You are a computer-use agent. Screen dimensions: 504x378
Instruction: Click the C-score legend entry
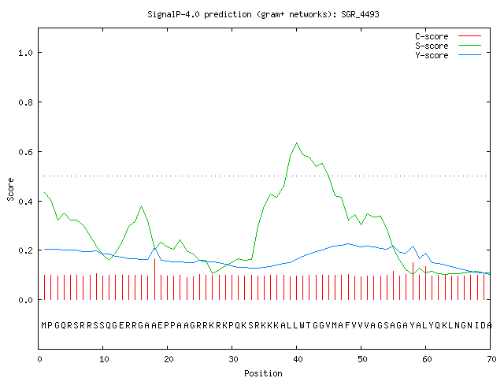click(x=448, y=36)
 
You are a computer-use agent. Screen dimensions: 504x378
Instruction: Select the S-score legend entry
click(x=448, y=46)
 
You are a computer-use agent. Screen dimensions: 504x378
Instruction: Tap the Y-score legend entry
click(x=448, y=55)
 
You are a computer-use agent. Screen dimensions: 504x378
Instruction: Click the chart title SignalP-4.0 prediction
click(x=199, y=14)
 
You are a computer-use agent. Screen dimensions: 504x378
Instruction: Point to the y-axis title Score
click(x=10, y=189)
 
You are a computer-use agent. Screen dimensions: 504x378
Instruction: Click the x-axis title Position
click(x=263, y=373)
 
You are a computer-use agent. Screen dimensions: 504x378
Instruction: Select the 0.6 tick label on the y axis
click(x=25, y=152)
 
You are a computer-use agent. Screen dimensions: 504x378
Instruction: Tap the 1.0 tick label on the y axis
click(x=25, y=53)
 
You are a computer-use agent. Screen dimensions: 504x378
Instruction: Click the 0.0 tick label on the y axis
click(x=25, y=300)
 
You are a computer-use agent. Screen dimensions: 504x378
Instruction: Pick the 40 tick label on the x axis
click(x=297, y=359)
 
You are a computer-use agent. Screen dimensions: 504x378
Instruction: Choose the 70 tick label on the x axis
click(x=491, y=359)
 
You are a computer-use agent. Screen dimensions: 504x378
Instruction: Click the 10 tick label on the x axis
click(x=103, y=359)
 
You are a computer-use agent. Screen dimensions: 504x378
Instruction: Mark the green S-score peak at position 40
click(x=296, y=143)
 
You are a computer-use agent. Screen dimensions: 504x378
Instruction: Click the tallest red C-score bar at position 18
click(x=154, y=279)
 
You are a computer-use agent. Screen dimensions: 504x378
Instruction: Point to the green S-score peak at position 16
click(x=141, y=206)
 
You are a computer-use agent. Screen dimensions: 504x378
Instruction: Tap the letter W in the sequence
click(x=302, y=325)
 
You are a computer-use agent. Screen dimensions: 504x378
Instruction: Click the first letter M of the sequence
click(x=44, y=325)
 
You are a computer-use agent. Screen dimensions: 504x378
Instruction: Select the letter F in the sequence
click(x=347, y=325)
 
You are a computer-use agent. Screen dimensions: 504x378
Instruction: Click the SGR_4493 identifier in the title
click(x=360, y=14)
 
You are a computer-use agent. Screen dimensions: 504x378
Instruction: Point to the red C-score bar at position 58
click(x=413, y=281)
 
